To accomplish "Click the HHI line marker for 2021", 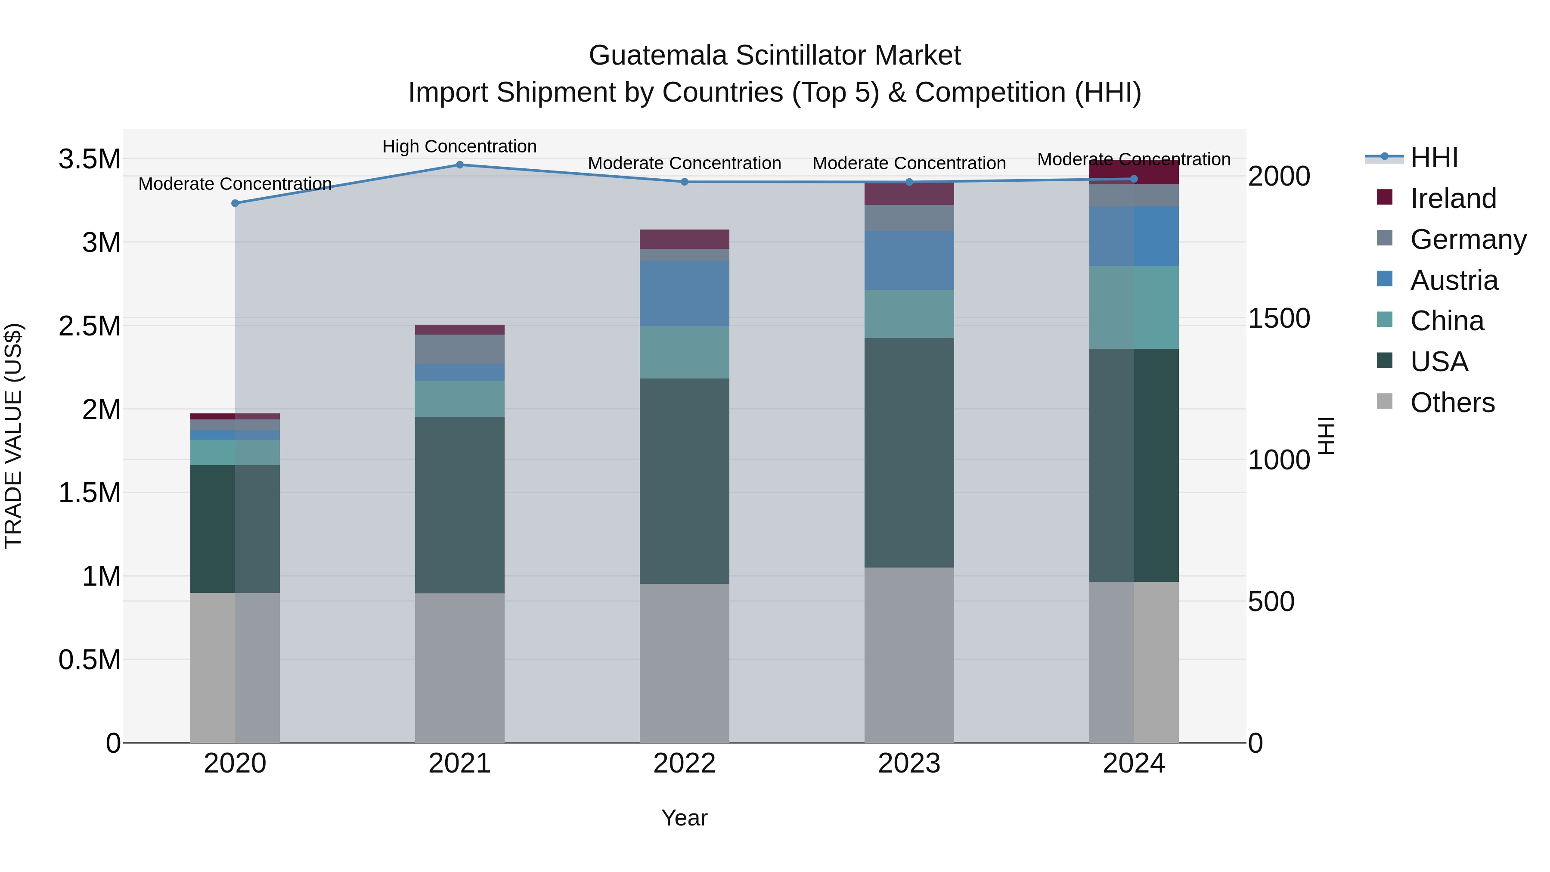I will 460,164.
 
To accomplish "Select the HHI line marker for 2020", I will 235,203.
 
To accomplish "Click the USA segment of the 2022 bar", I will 684,481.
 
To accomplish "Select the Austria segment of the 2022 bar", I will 684,293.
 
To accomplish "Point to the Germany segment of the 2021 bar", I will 460,349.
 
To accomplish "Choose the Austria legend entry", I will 1454,280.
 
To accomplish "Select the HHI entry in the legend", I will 1433,158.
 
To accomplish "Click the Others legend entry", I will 1452,403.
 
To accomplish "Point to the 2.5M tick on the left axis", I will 89,326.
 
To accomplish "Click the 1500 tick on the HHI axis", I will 1279,318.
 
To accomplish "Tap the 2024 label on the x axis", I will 1134,763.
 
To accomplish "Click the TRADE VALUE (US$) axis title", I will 13,436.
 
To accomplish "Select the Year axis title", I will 684,818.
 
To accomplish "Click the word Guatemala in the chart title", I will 657,56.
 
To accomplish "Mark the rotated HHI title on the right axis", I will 1326,436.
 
